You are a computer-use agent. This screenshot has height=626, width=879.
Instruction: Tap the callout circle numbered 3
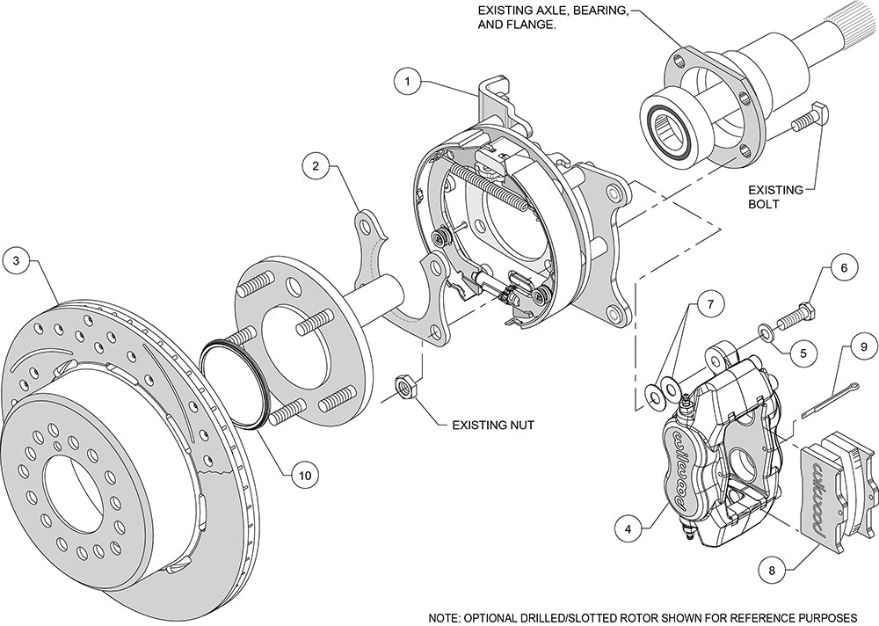coord(16,260)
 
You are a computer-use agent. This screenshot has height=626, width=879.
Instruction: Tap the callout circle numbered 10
coord(304,475)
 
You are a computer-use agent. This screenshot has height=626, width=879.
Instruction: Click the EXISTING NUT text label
coord(493,425)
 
